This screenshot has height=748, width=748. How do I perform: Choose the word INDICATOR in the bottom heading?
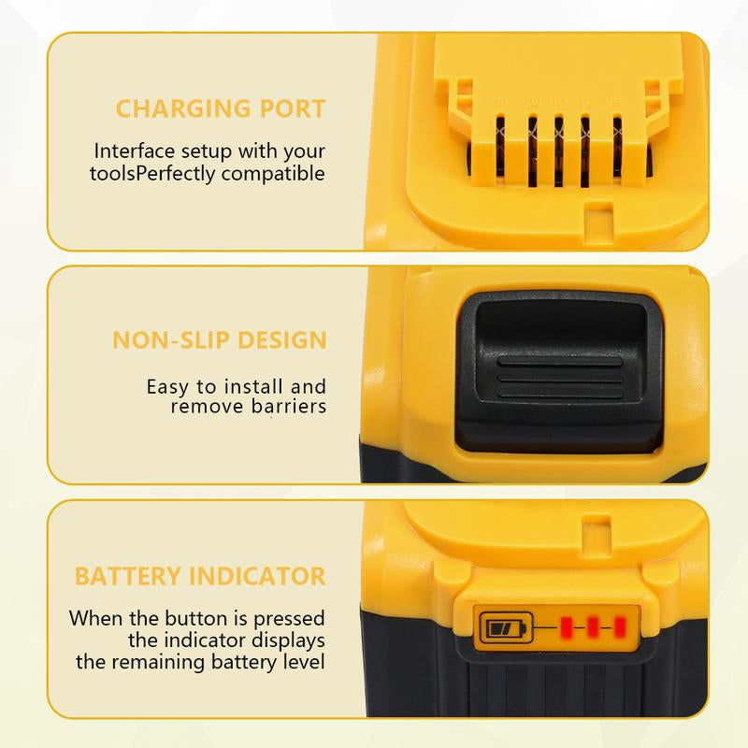click(x=257, y=574)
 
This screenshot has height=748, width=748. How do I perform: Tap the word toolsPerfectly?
click(x=153, y=173)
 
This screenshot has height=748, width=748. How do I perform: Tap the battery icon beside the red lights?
click(x=504, y=625)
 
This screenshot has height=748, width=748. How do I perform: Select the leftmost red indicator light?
click(x=567, y=624)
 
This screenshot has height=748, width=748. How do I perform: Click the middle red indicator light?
click(x=592, y=624)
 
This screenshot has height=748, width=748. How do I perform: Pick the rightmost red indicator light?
click(x=617, y=624)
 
